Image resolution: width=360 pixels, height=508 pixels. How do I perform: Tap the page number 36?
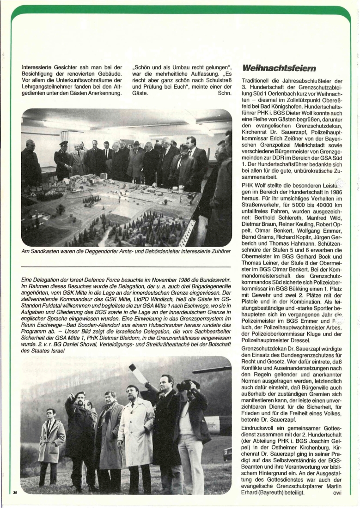click(15, 492)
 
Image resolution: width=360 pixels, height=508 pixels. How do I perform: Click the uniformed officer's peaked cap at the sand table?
click(64, 144)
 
